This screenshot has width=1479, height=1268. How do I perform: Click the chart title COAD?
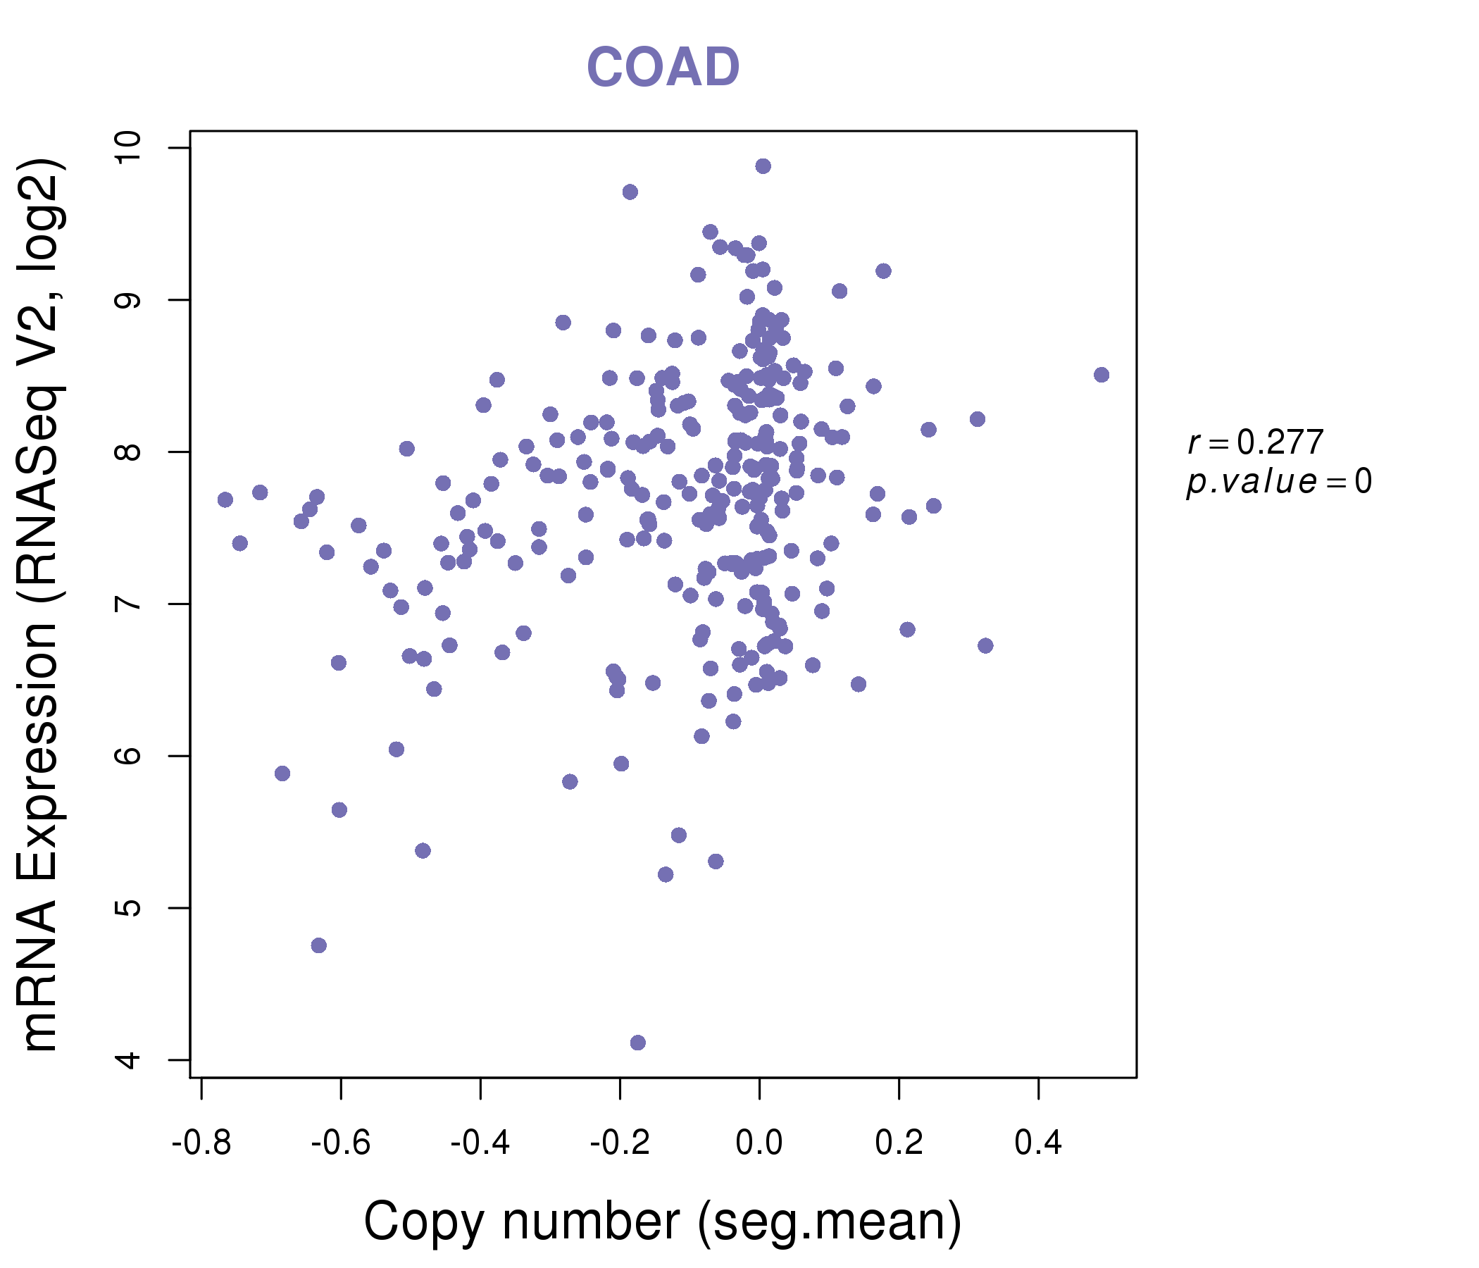[x=663, y=68]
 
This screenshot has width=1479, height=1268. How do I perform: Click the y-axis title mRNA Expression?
[x=42, y=604]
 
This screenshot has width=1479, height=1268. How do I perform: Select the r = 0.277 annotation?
[x=1255, y=442]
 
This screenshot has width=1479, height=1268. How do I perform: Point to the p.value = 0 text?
[x=1278, y=482]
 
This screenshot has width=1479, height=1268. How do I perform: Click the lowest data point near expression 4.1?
[x=638, y=1043]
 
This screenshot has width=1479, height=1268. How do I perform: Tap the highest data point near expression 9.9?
[x=763, y=166]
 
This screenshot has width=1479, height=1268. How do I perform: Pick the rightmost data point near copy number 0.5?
[x=1102, y=375]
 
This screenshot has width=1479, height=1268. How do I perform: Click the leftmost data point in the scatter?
[x=225, y=499]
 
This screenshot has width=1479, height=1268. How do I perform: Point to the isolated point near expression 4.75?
[x=319, y=945]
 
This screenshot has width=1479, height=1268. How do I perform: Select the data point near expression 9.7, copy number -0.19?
[x=630, y=192]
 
